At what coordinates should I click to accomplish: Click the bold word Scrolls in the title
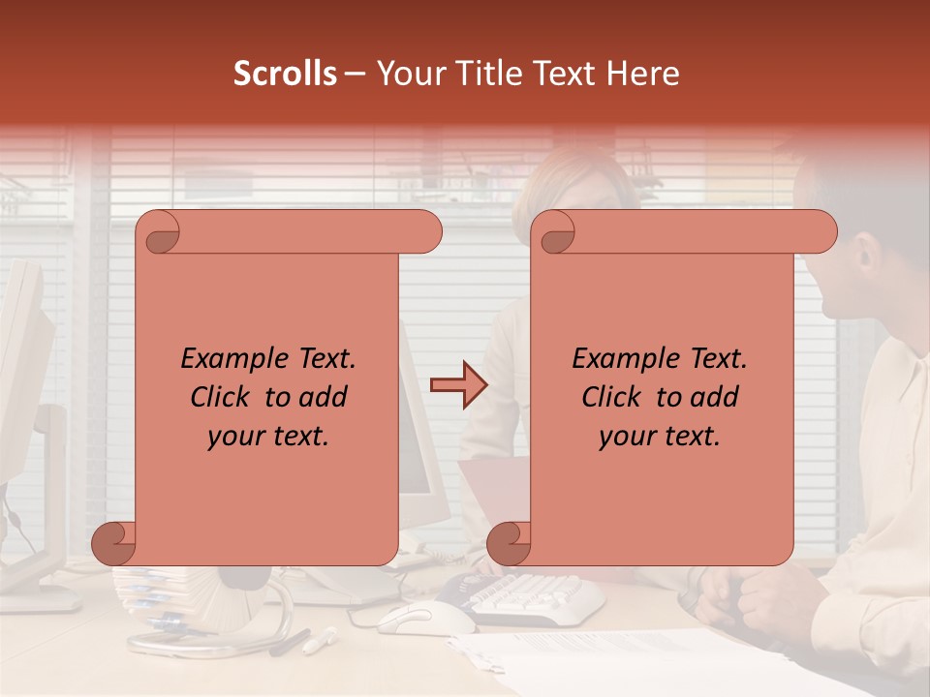coord(285,74)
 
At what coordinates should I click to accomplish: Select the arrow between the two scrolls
coord(459,385)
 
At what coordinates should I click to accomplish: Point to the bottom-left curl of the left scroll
coord(114,543)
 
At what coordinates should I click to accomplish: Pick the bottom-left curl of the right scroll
coord(510,543)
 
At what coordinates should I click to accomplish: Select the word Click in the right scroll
coord(611,397)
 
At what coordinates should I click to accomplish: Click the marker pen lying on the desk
coord(320,640)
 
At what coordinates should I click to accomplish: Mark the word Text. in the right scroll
coord(717,359)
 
